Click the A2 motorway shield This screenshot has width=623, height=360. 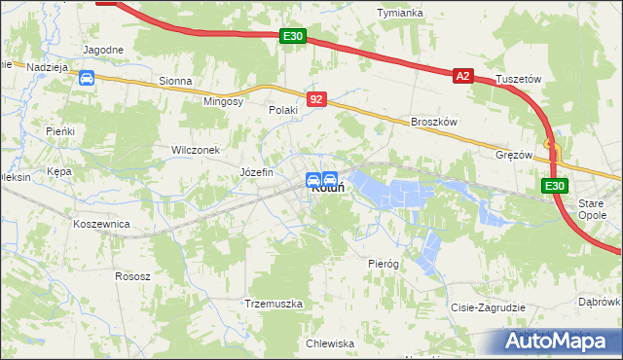click(462, 76)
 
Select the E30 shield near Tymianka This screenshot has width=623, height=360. click(293, 37)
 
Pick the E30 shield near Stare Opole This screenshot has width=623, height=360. click(554, 187)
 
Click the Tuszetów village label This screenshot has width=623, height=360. click(518, 79)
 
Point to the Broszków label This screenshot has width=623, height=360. click(434, 122)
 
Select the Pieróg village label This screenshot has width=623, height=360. click(384, 264)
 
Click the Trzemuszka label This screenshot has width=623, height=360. click(275, 304)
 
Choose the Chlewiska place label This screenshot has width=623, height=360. click(330, 343)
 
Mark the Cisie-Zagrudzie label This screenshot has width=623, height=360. click(488, 307)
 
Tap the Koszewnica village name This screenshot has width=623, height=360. click(101, 223)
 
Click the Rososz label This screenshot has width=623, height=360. click(132, 276)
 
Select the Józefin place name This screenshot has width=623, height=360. click(257, 172)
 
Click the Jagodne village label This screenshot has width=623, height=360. click(103, 50)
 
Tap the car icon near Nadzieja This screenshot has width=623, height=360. click(87, 78)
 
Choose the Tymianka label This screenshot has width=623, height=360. click(400, 12)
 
